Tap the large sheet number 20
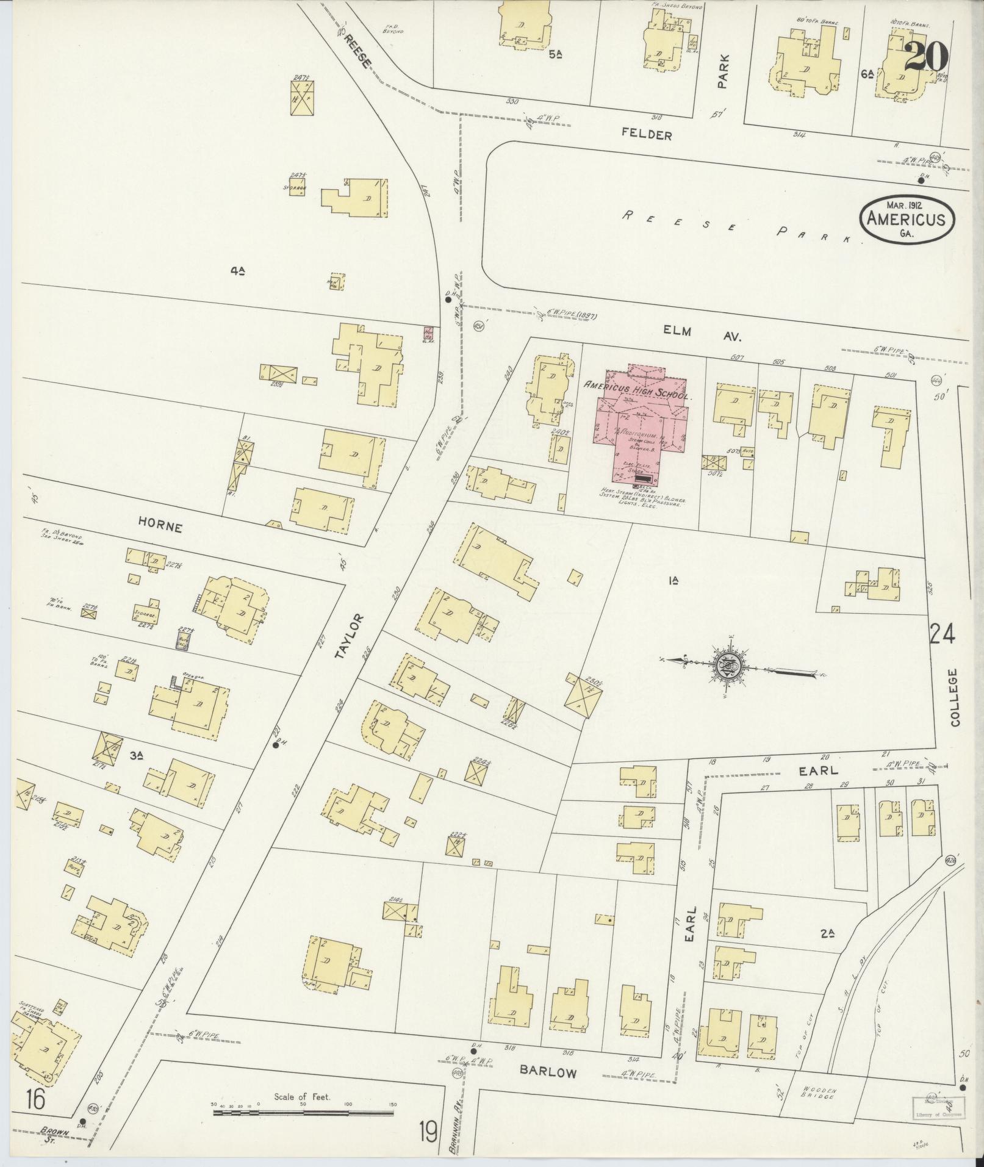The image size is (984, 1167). [925, 57]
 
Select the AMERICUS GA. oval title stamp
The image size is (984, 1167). [907, 220]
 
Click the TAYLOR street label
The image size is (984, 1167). [357, 637]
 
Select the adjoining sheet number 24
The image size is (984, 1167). [942, 634]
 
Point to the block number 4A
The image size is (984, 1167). [238, 272]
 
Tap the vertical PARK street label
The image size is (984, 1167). [723, 73]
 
